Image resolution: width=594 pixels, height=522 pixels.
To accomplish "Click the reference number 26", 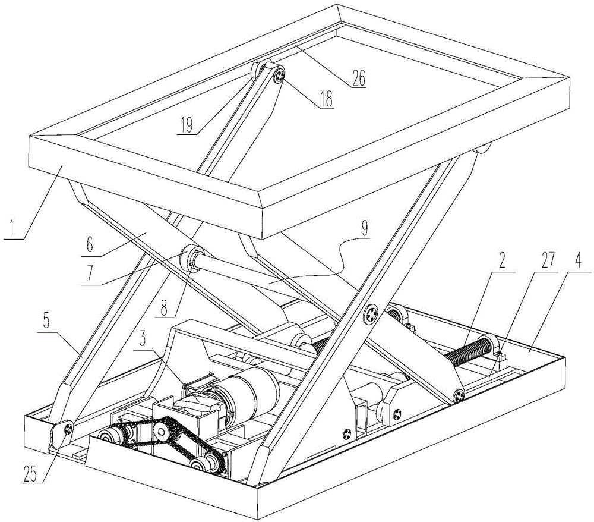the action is (x=358, y=78).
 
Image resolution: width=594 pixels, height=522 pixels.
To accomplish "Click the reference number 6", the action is (x=90, y=245).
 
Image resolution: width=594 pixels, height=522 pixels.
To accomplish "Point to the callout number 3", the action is (x=143, y=339).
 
